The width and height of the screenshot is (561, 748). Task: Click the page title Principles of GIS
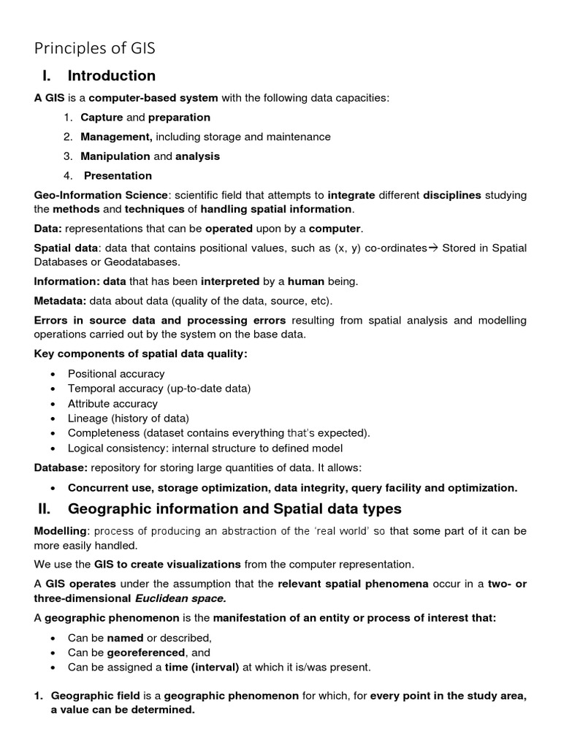(95, 49)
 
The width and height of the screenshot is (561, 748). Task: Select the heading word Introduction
(111, 76)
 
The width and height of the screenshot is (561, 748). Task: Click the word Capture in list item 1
(102, 118)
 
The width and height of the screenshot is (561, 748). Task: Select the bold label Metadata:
(60, 301)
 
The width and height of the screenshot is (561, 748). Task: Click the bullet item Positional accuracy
(116, 374)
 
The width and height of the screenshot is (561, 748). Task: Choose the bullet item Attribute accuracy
(112, 403)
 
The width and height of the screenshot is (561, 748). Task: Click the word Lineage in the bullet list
(88, 419)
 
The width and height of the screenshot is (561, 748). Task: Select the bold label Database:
(61, 467)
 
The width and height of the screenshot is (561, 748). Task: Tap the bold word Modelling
(61, 531)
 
